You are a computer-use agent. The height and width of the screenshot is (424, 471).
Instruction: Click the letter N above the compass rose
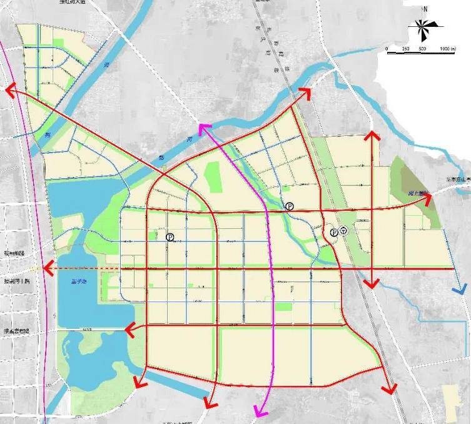click(425, 9)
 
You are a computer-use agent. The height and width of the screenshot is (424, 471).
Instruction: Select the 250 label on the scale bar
click(405, 49)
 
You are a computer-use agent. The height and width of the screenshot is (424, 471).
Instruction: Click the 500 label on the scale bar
click(422, 49)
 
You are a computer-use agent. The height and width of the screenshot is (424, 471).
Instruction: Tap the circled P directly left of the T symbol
click(333, 232)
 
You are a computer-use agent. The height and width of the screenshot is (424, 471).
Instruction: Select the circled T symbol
click(343, 231)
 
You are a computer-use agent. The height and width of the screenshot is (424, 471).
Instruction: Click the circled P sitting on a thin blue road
click(170, 237)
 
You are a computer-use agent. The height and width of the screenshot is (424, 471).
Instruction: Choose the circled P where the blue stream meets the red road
click(289, 206)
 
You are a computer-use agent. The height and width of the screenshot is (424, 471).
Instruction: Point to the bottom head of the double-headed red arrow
click(372, 283)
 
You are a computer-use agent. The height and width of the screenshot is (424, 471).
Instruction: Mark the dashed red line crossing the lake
click(88, 269)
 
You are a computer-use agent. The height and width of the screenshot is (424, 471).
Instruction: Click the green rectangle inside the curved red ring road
click(213, 176)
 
